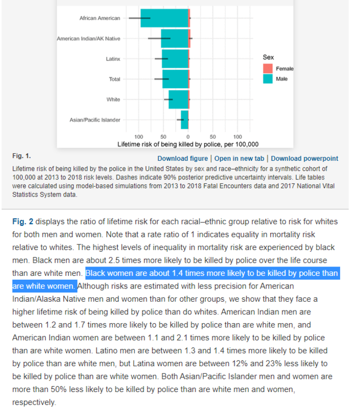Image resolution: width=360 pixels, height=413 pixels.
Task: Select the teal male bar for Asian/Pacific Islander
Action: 184,119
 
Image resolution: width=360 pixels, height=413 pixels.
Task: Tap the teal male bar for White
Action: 178,100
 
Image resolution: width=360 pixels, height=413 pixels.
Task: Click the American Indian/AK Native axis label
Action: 89,39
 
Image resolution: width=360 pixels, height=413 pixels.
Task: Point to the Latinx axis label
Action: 113,59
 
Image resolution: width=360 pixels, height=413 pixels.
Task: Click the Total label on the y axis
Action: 114,79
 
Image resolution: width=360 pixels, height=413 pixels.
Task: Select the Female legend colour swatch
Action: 268,69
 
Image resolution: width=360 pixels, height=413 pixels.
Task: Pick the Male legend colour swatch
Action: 268,79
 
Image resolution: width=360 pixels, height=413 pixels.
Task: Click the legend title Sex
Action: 268,57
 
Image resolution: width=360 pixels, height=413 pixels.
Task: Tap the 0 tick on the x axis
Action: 188,137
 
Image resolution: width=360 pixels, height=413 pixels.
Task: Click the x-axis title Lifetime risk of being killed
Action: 188,144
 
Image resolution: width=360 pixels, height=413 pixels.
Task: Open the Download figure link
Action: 183,159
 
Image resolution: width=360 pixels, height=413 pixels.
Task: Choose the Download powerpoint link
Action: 304,159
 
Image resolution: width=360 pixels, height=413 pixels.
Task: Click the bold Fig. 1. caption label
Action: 21,156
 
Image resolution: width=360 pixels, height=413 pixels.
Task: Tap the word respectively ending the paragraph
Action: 34,402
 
